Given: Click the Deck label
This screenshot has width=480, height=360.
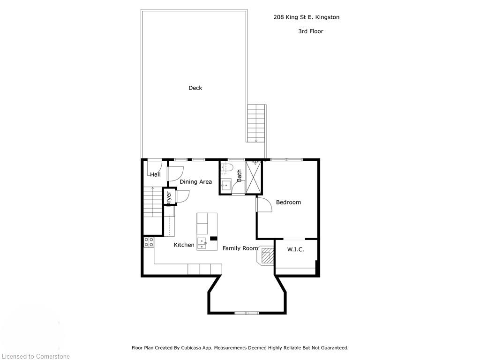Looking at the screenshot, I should click(195, 88).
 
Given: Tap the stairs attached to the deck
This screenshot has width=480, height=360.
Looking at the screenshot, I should click(256, 123).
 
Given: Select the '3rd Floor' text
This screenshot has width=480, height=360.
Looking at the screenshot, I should click(310, 31).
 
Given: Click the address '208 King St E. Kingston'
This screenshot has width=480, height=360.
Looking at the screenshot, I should click(306, 17).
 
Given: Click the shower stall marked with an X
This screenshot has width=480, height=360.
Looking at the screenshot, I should click(254, 177).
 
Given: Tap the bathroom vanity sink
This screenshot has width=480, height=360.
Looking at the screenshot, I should click(226, 185).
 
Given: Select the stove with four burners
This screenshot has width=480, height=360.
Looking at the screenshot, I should click(149, 242).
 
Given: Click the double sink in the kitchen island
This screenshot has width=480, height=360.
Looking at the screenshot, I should click(202, 243).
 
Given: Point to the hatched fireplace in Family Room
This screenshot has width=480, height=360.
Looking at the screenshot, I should click(266, 256).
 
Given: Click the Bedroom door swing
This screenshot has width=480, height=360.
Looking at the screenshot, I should click(264, 204).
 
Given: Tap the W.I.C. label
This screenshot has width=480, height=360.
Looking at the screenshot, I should click(295, 249).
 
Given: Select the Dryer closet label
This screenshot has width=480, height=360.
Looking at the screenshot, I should click(169, 197).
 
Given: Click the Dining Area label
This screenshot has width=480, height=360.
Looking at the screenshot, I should click(195, 182).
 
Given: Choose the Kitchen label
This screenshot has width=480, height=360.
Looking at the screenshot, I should click(184, 245).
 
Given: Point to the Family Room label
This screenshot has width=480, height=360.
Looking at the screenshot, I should click(240, 248).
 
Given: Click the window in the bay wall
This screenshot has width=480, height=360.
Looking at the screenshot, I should click(247, 313).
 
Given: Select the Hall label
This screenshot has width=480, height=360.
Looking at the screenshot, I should click(155, 175).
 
